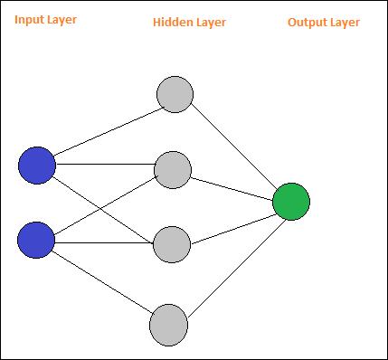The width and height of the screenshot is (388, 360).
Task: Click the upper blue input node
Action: tap(37, 166)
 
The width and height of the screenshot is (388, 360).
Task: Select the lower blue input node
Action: tap(37, 240)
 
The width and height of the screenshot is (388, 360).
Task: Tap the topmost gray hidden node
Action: tap(175, 94)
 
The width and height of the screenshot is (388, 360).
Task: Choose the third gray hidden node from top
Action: tap(172, 244)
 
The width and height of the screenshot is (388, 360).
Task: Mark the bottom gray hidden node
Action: tap(169, 324)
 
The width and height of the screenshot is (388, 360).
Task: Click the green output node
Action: tap(291, 202)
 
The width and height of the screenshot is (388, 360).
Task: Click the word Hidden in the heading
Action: tap(173, 22)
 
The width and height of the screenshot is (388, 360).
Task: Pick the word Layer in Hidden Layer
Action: tap(210, 22)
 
